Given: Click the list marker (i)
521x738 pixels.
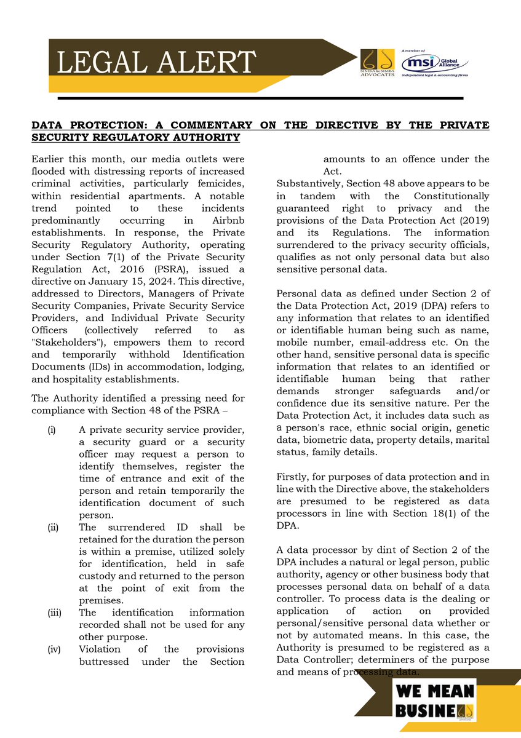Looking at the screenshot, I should click(x=52, y=429).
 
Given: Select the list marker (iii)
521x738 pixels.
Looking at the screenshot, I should click(x=53, y=613).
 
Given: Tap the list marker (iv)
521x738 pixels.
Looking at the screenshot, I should click(x=53, y=649).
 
